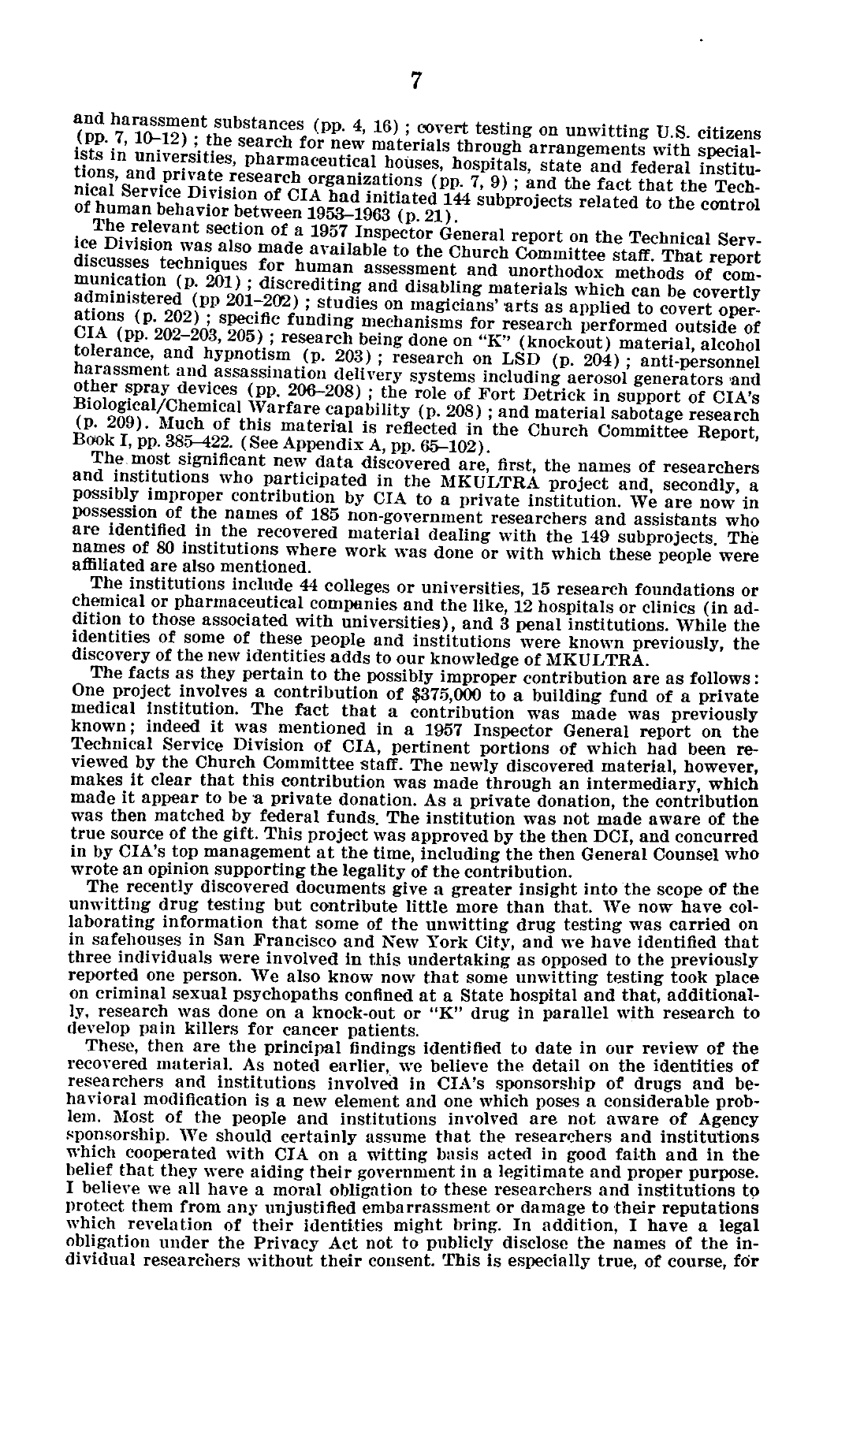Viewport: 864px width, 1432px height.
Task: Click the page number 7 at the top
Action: click(417, 82)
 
